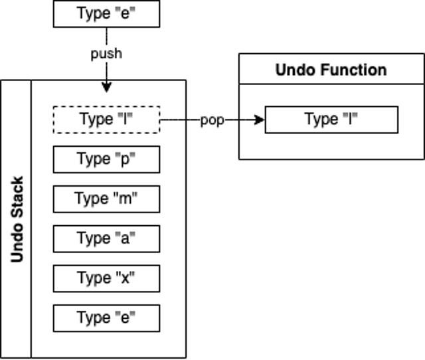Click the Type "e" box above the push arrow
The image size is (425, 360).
(x=106, y=13)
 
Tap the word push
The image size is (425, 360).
(x=106, y=53)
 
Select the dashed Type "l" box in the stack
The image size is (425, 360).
(x=106, y=120)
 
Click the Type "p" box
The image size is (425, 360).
(x=106, y=159)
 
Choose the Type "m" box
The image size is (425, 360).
(x=106, y=199)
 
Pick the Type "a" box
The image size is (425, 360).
(x=106, y=238)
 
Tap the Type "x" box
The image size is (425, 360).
(x=106, y=278)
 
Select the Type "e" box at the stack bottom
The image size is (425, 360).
(x=106, y=318)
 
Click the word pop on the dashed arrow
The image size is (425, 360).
(x=212, y=121)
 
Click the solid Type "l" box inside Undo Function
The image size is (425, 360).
(x=331, y=120)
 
